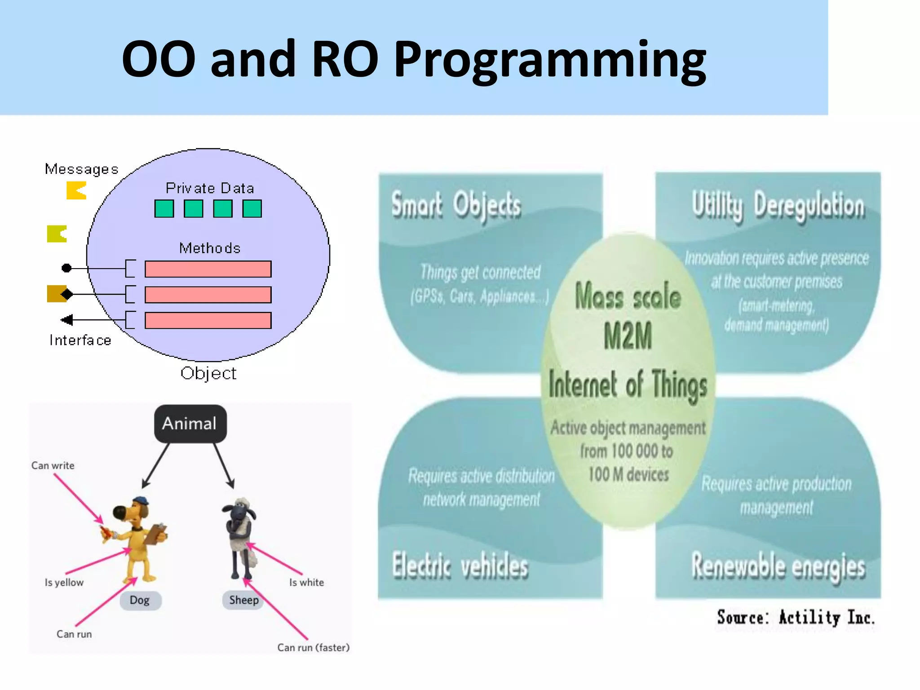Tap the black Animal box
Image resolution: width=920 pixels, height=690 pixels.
pyautogui.click(x=190, y=424)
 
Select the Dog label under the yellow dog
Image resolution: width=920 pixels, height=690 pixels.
pyautogui.click(x=140, y=600)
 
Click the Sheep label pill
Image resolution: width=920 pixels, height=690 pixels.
pyautogui.click(x=243, y=600)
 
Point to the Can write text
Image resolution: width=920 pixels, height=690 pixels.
pyautogui.click(x=53, y=465)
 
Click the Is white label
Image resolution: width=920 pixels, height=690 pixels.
pyautogui.click(x=306, y=582)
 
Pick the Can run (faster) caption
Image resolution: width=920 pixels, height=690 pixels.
pyautogui.click(x=313, y=647)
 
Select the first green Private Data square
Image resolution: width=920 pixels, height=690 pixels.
pyautogui.click(x=164, y=209)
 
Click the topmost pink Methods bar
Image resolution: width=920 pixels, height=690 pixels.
pyautogui.click(x=208, y=269)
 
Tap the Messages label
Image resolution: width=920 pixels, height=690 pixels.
pyautogui.click(x=81, y=169)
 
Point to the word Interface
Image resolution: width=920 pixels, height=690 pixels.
pyautogui.click(x=80, y=341)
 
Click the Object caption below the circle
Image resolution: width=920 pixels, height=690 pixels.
pyautogui.click(x=208, y=373)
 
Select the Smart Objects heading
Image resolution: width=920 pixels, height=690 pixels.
pyautogui.click(x=456, y=206)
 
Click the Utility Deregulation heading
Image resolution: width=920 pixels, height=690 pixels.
pyautogui.click(x=778, y=206)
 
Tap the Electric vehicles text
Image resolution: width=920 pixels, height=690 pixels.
pyautogui.click(x=460, y=566)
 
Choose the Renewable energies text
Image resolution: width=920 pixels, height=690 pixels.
pyautogui.click(x=778, y=567)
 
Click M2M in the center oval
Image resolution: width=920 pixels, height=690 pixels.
pyautogui.click(x=628, y=336)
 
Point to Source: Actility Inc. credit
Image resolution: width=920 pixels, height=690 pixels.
pyautogui.click(x=796, y=618)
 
